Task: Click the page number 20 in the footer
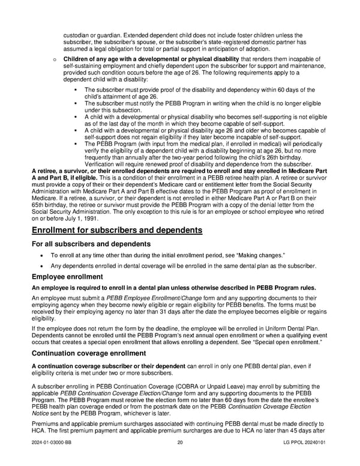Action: tap(180, 459)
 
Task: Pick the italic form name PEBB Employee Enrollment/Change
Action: tap(138, 298)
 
